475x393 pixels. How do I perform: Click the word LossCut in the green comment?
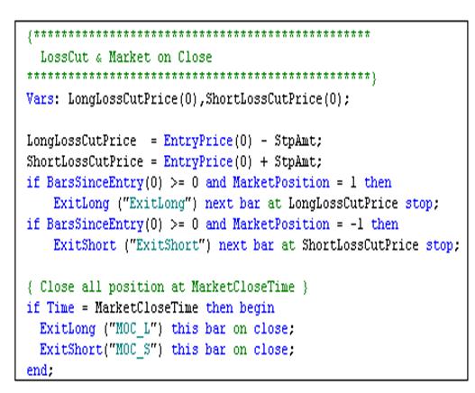(65, 57)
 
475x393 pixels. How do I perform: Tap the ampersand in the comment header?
(98, 58)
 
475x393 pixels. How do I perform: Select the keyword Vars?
(41, 99)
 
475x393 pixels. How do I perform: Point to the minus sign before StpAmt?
(263, 141)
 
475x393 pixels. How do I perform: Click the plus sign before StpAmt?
(263, 162)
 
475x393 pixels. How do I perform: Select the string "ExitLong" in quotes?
(157, 204)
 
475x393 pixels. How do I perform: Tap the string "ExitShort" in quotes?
(168, 245)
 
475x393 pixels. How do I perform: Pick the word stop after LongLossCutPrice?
(419, 204)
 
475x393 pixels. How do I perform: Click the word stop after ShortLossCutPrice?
(440, 245)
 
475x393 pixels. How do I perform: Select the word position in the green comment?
(136, 288)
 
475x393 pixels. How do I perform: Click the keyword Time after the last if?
(60, 308)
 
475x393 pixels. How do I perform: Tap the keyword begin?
(257, 308)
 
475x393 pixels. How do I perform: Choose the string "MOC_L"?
(133, 329)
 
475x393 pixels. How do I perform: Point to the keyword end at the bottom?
(37, 370)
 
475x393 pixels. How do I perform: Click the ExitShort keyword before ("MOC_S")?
(71, 350)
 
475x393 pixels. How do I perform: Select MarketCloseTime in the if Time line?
(146, 308)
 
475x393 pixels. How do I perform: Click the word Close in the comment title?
(195, 57)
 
